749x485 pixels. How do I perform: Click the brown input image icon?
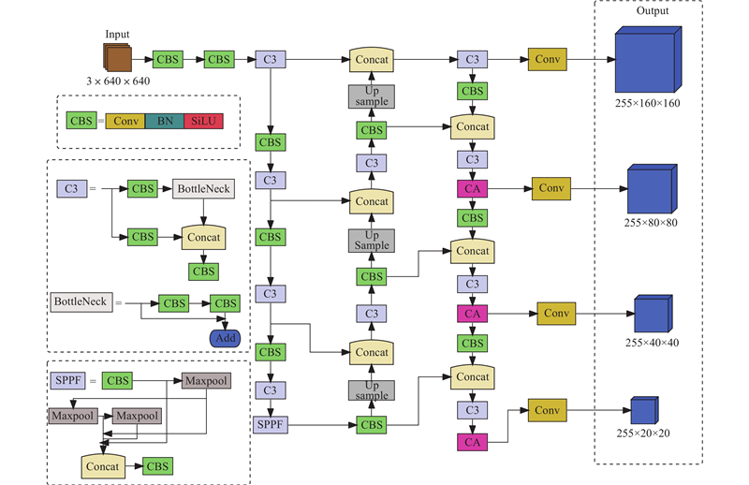click(x=118, y=58)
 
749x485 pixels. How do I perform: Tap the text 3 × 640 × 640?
click(x=117, y=81)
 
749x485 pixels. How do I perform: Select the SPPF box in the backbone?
click(x=269, y=425)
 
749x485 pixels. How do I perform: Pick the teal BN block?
click(x=164, y=121)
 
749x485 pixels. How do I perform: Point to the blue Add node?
click(x=225, y=338)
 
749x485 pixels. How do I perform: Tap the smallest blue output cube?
click(x=643, y=411)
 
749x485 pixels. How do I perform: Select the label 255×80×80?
click(x=651, y=223)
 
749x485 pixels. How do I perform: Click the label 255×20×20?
click(x=644, y=433)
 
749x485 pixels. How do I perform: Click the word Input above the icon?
click(x=118, y=34)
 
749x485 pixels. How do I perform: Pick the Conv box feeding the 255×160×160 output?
click(x=547, y=59)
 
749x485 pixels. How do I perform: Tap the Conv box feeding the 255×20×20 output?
click(x=548, y=409)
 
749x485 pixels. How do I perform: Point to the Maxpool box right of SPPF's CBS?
click(x=207, y=380)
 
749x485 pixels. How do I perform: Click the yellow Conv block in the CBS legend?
click(x=125, y=121)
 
